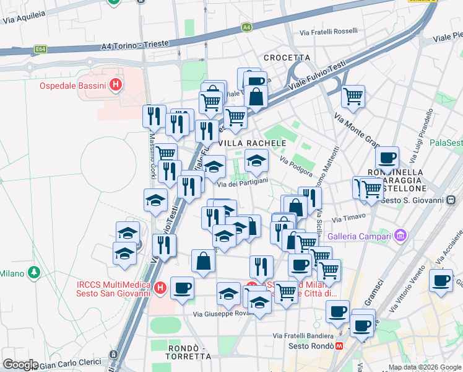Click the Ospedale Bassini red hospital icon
tap(115, 85)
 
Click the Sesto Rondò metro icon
tap(339, 346)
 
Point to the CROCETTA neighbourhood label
tap(287, 58)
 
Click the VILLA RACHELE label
tap(253, 143)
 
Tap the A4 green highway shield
tap(247, 27)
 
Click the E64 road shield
tap(41, 48)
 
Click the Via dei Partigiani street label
tap(242, 180)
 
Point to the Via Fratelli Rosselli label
tap(329, 31)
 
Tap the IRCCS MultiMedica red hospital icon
tap(160, 288)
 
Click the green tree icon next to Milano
tap(35, 272)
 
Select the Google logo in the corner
tap(20, 365)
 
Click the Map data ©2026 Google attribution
tap(424, 367)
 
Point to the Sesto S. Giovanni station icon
tap(452, 200)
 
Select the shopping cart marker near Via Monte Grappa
tap(353, 96)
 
